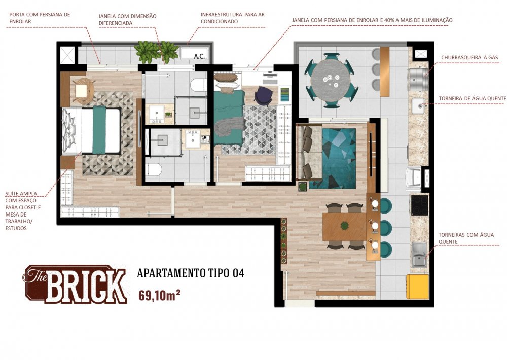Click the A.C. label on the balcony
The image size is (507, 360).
[199, 56]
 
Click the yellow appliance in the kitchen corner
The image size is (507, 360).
[417, 287]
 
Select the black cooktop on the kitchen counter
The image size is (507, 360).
[419, 205]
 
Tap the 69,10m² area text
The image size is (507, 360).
[159, 295]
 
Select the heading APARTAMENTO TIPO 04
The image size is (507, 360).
[191, 273]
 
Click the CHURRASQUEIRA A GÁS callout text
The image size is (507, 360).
[469, 57]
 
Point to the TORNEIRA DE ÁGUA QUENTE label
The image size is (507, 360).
[473, 98]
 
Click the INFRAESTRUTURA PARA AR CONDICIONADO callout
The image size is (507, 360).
[233, 18]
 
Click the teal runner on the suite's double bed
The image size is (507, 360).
[99, 130]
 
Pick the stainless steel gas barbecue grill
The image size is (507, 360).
[418, 79]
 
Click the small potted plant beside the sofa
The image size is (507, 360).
[303, 187]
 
